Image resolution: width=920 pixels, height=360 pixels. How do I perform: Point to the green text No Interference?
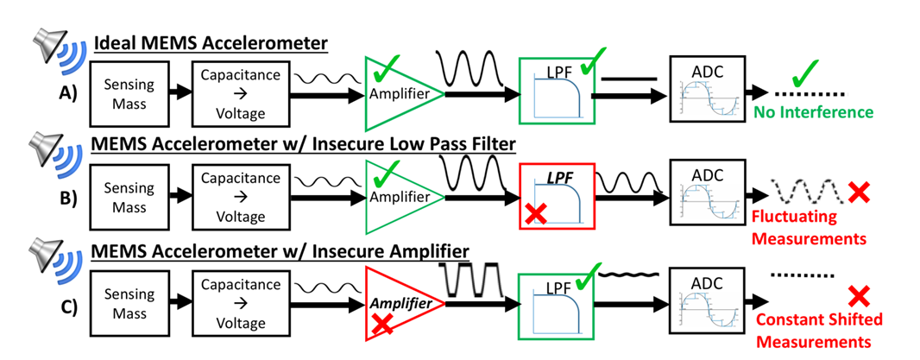(x=814, y=112)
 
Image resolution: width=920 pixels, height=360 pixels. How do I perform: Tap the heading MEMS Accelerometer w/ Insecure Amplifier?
(x=281, y=251)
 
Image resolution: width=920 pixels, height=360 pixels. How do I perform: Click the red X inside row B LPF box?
(x=535, y=215)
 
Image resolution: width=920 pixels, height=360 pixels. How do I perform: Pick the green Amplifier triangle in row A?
(x=399, y=92)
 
